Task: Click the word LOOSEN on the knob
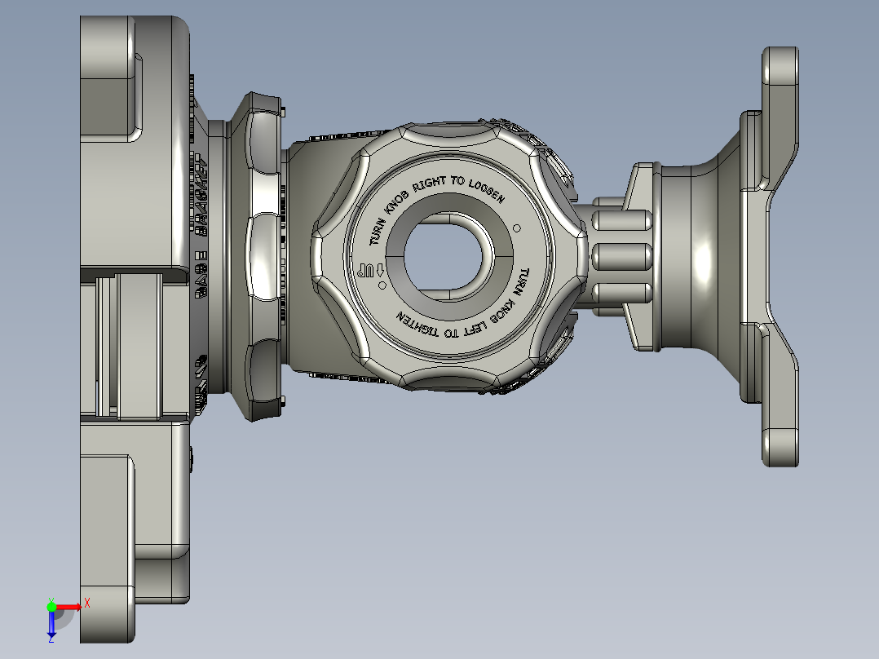pyautogui.click(x=487, y=192)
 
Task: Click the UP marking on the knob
pyautogui.click(x=366, y=270)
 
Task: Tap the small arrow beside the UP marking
pyautogui.click(x=380, y=270)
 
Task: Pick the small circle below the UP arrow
pyautogui.click(x=379, y=287)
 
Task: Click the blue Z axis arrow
pyautogui.click(x=51, y=624)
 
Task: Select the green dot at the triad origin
pyautogui.click(x=51, y=606)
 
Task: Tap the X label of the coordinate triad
pyautogui.click(x=86, y=602)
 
